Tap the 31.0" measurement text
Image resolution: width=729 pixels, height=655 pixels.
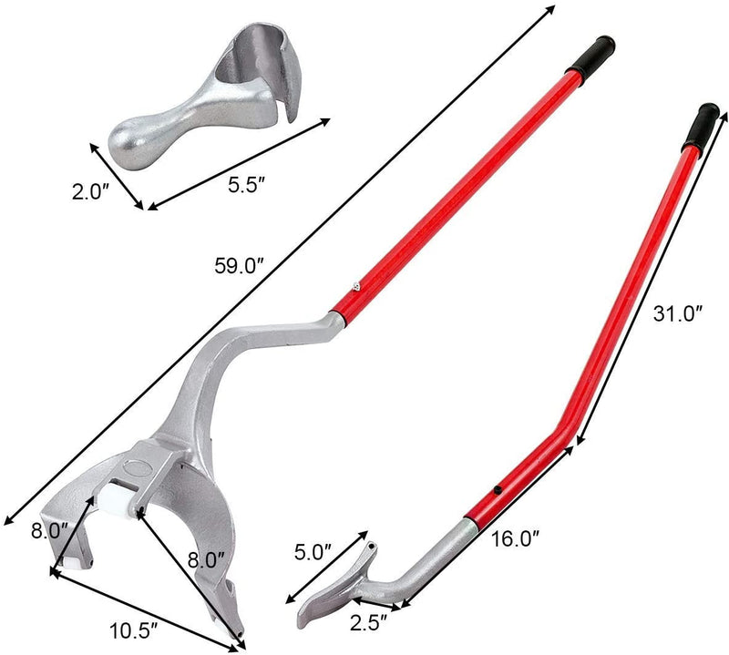pos(678,314)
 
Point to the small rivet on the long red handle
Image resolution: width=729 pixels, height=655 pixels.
pos(356,283)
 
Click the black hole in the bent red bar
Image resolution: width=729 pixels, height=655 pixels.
pos(498,492)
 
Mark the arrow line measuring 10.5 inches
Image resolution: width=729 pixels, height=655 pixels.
pos(146,609)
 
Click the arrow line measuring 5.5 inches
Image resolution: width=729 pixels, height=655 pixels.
pos(239,164)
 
